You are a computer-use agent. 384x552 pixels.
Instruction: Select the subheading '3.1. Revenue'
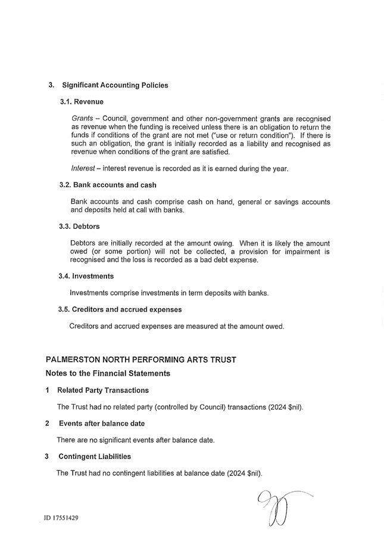pyautogui.click(x=82, y=102)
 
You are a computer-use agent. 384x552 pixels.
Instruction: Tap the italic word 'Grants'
pyautogui.click(x=82, y=119)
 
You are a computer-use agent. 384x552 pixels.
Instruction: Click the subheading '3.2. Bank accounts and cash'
pyautogui.click(x=108, y=185)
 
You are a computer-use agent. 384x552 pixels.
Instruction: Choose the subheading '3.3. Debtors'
pyautogui.click(x=79, y=227)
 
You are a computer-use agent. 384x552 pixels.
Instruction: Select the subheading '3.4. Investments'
pyautogui.click(x=86, y=276)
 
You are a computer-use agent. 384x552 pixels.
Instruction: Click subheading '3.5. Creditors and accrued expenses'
pyautogui.click(x=120, y=309)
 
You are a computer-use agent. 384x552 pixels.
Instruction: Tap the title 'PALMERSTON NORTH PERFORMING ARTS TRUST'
pyautogui.click(x=141, y=359)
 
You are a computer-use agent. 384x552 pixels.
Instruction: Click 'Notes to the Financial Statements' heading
pyautogui.click(x=108, y=373)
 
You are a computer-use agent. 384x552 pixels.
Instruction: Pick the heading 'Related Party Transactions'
pyautogui.click(x=103, y=390)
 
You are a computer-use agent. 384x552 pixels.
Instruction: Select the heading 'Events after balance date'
pyautogui.click(x=102, y=423)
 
